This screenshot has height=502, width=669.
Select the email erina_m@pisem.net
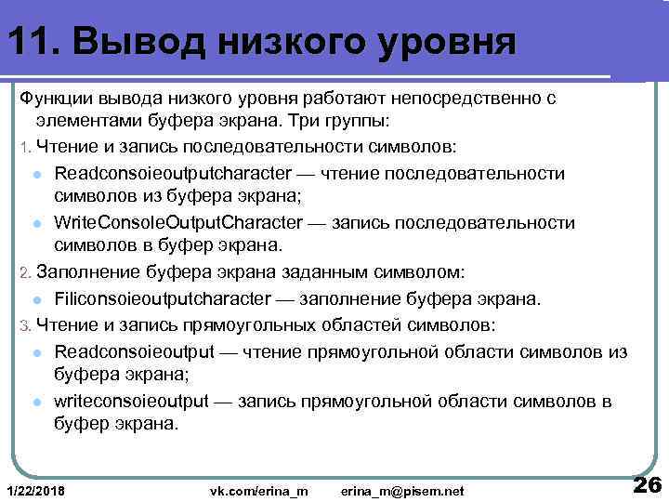click(x=401, y=490)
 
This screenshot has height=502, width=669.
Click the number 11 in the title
click(x=28, y=41)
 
